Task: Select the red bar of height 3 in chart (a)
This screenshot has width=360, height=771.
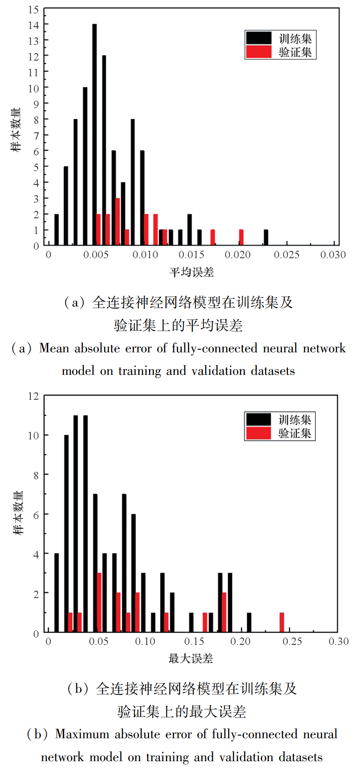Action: point(118,222)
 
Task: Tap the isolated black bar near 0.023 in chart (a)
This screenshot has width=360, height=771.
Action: point(266,237)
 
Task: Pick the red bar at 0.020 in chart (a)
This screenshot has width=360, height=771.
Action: point(241,237)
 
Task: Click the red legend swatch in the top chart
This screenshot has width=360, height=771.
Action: point(258,52)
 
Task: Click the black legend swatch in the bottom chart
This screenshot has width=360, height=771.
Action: point(258,419)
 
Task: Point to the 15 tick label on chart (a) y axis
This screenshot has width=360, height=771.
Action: point(34,9)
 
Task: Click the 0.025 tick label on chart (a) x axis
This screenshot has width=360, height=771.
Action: point(287,255)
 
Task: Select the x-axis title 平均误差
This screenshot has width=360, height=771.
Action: point(192,272)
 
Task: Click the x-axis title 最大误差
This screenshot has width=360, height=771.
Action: point(191,659)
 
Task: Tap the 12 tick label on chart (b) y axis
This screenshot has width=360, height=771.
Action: point(34,396)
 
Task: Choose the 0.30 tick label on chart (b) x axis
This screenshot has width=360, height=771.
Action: point(338,642)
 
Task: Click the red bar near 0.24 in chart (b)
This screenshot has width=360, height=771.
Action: point(282,622)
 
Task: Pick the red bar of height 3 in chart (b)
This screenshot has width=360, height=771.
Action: point(99,602)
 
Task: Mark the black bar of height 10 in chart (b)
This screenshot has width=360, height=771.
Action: point(66,533)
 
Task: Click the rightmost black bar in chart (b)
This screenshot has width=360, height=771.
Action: point(249,622)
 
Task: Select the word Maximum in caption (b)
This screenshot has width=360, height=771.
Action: point(82,734)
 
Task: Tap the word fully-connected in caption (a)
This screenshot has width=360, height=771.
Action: point(214,349)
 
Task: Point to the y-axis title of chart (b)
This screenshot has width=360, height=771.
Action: point(19,513)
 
